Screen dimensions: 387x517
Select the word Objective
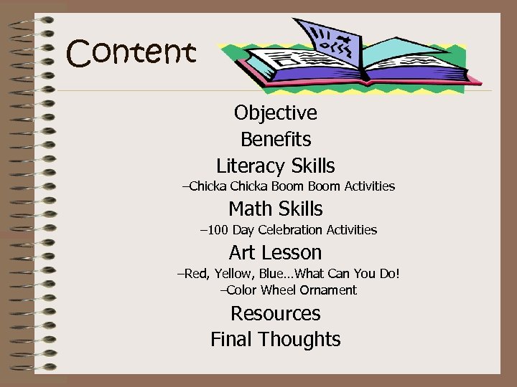[275, 113]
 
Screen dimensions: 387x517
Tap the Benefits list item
[275, 139]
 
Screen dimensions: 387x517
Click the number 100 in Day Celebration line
[218, 230]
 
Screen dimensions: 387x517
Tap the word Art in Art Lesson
[241, 252]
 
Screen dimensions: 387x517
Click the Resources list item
[275, 313]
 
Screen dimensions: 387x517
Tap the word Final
[232, 339]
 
